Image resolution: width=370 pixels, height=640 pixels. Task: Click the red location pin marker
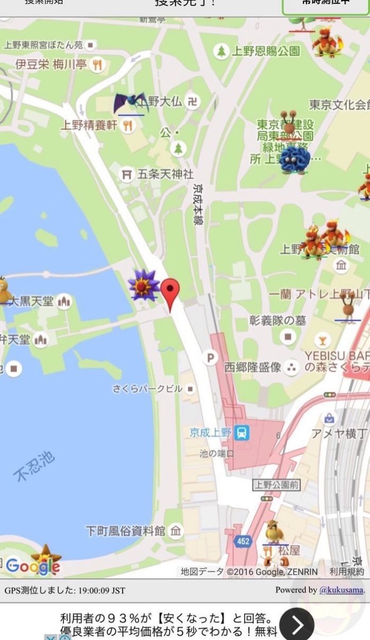pyautogui.click(x=170, y=292)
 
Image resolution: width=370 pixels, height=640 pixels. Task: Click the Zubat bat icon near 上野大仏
pyautogui.click(x=130, y=103)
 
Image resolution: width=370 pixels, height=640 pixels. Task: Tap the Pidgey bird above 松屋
pyautogui.click(x=274, y=531)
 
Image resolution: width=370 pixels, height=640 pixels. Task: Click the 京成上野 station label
pyautogui.click(x=211, y=432)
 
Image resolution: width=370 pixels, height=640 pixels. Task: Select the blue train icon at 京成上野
pyautogui.click(x=243, y=432)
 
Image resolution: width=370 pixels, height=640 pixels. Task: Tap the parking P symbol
pyautogui.click(x=211, y=357)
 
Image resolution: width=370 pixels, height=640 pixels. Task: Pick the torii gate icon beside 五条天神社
pyautogui.click(x=126, y=174)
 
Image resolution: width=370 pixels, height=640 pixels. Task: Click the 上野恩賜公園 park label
pyautogui.click(x=266, y=51)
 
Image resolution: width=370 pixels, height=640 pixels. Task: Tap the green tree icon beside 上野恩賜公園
pyautogui.click(x=221, y=51)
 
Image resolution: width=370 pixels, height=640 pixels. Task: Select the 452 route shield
pyautogui.click(x=243, y=541)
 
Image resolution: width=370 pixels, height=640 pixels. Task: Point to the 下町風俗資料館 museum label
pyautogui.click(x=126, y=531)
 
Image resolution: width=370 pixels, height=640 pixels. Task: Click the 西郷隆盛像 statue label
pyautogui.click(x=252, y=367)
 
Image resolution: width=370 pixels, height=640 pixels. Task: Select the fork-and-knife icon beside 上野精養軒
pyautogui.click(x=127, y=125)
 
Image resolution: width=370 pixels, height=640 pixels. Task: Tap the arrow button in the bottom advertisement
pyautogui.click(x=297, y=624)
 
